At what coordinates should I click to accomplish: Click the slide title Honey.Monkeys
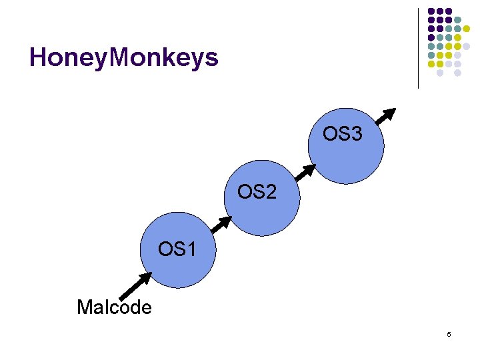[124, 59]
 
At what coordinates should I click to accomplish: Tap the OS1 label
[177, 250]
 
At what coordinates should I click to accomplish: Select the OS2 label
[257, 193]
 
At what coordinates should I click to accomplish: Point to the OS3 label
[343, 135]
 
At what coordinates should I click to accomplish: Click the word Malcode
[114, 307]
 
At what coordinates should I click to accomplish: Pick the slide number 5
[449, 334]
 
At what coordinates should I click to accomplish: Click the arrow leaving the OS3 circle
[385, 117]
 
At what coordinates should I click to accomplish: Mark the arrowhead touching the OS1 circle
[145, 277]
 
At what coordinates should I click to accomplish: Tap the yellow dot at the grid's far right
[467, 29]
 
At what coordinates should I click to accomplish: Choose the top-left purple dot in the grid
[431, 12]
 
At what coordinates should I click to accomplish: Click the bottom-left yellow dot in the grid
[431, 64]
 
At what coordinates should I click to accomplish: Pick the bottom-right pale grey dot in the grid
[458, 73]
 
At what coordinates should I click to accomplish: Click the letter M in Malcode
[83, 307]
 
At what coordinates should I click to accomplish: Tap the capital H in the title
[38, 59]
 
